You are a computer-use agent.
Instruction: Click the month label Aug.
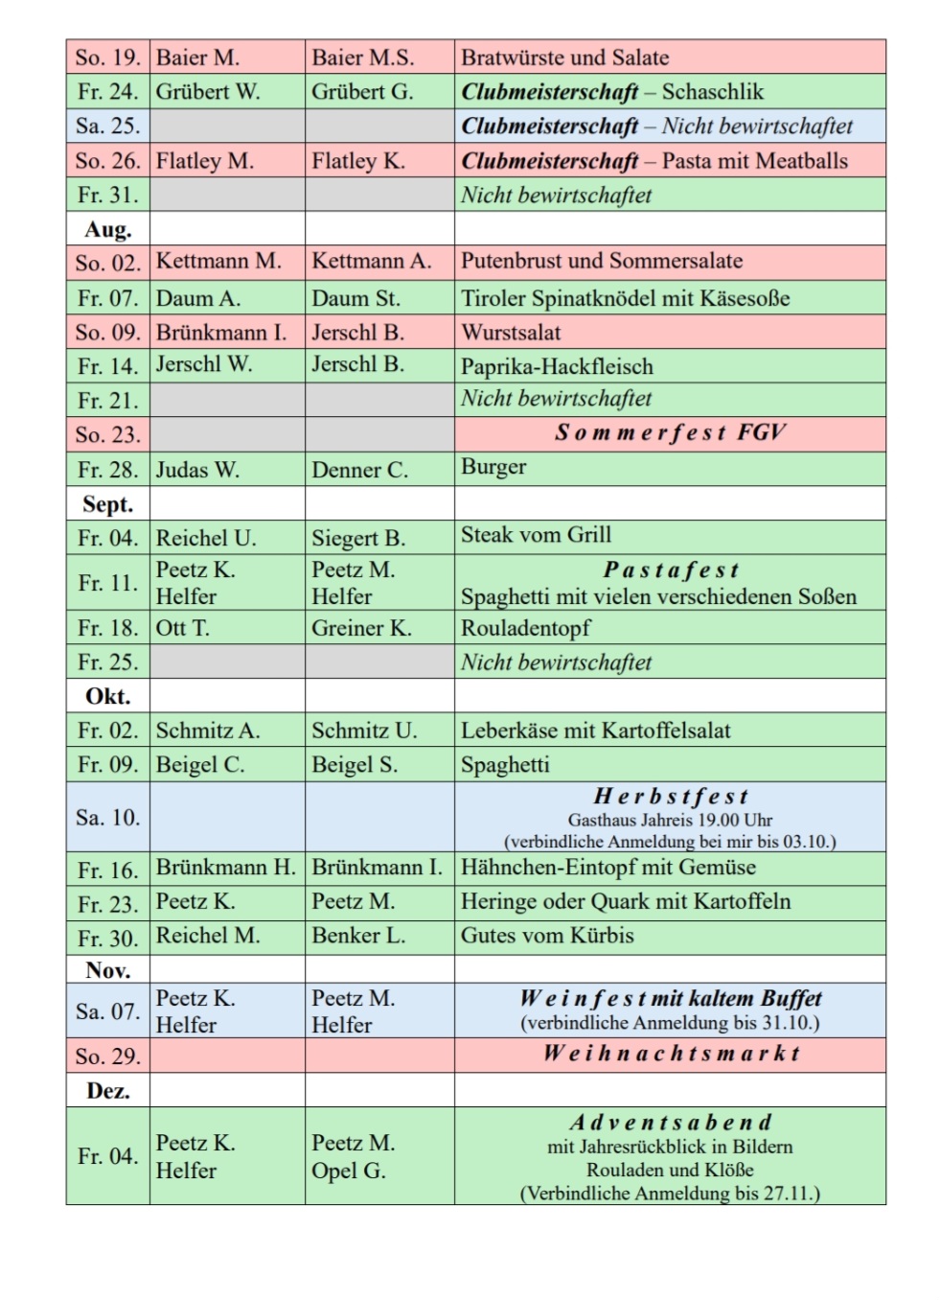coord(107,229)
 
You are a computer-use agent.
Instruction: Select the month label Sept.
coord(107,504)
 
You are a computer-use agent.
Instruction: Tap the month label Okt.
coord(107,696)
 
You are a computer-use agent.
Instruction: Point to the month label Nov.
coord(107,970)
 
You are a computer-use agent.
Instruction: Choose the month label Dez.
coord(107,1091)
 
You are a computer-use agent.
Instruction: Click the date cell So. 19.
coord(107,58)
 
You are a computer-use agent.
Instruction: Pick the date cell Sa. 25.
coord(107,126)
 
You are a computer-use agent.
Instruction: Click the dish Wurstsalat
coord(511,333)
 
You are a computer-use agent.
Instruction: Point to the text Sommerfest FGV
coord(670,432)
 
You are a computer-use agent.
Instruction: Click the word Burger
coord(493,467)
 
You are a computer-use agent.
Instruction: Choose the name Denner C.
coord(359,470)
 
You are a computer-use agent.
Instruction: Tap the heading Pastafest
coord(671,570)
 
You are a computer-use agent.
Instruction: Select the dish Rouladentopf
coord(525,628)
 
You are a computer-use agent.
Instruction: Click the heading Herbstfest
coord(670,797)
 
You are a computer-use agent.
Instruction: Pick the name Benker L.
coord(358,936)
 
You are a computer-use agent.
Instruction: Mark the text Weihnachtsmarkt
coord(671,1054)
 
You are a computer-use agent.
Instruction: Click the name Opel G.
coord(349,1171)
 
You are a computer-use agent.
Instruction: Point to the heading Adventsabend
coord(670,1123)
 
